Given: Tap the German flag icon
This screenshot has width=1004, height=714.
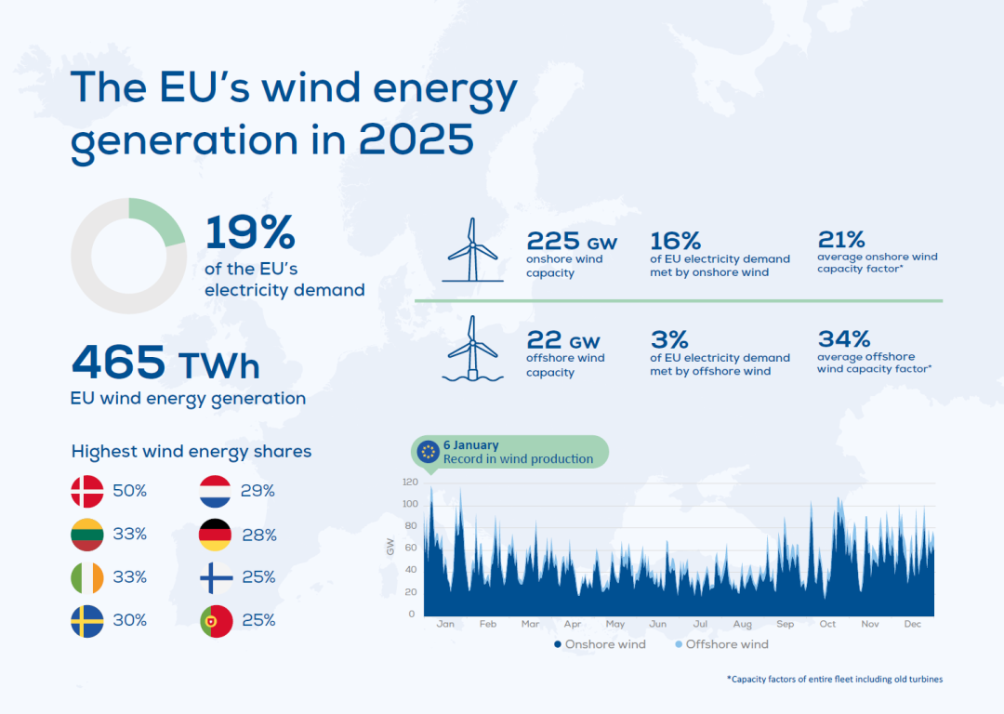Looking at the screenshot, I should [216, 535].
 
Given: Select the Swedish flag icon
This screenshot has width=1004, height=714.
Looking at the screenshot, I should [87, 620].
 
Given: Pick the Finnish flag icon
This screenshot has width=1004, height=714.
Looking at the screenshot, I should [216, 577].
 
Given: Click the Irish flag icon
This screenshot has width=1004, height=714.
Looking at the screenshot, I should [87, 577].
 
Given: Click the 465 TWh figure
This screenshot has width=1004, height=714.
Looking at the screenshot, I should [165, 363].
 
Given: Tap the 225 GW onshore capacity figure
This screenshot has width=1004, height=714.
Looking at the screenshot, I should [571, 242].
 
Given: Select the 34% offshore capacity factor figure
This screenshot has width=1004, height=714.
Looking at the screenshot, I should [844, 338].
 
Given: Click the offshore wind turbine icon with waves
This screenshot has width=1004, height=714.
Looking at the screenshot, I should [473, 349].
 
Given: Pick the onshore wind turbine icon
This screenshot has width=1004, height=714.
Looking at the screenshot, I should [473, 249].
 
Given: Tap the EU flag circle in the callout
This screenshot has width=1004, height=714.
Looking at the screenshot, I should [429, 452].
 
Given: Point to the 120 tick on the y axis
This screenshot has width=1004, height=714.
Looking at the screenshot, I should [410, 482].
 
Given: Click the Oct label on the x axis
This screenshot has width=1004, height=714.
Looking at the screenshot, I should [827, 624].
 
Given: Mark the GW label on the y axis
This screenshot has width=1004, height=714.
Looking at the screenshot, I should [390, 548].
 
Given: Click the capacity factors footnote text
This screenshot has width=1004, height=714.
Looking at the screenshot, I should [834, 680].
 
